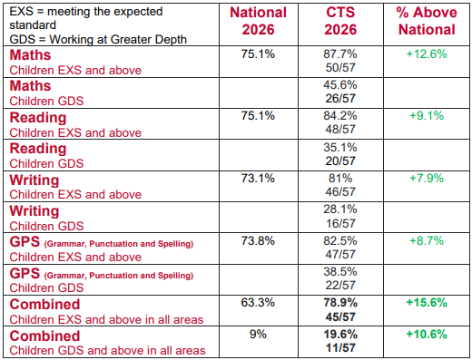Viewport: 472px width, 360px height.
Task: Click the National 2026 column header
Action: click(x=258, y=21)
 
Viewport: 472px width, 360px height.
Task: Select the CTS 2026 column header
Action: click(x=340, y=21)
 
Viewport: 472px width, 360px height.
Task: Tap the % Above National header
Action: click(x=427, y=21)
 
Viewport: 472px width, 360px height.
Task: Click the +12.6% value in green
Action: click(x=427, y=54)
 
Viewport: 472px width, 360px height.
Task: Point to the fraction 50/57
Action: click(x=340, y=67)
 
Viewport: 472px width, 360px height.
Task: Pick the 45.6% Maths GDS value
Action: click(x=340, y=85)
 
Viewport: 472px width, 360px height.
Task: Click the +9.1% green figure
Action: click(x=427, y=116)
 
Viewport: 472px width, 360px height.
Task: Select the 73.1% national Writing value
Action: click(x=258, y=179)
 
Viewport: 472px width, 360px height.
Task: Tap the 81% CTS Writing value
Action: click(x=340, y=179)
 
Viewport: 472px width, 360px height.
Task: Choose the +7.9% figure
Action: click(x=427, y=179)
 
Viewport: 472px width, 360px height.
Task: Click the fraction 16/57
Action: click(x=340, y=223)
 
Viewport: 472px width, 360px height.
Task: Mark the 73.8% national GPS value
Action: click(x=258, y=241)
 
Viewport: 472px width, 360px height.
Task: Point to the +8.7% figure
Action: click(x=427, y=241)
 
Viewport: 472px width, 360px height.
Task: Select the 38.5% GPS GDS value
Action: click(x=340, y=272)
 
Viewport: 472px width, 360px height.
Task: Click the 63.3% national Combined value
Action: click(x=258, y=303)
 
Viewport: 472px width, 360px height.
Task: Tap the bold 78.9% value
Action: click(x=340, y=303)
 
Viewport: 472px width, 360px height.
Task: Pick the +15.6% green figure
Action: click(x=427, y=303)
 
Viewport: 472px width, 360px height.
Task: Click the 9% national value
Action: click(x=258, y=335)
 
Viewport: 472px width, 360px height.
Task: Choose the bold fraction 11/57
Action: click(x=340, y=347)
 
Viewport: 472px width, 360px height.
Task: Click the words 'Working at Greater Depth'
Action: click(x=118, y=40)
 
